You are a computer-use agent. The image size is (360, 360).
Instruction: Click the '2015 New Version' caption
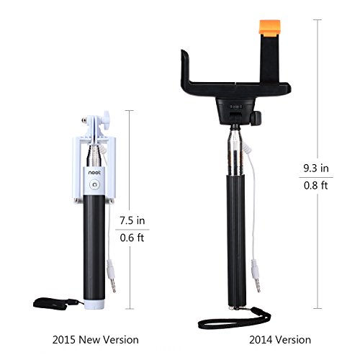[96, 340]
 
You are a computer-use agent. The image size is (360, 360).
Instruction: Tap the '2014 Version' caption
[280, 340]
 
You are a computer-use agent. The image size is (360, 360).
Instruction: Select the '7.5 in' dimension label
[132, 220]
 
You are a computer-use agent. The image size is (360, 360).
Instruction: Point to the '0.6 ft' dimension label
[132, 238]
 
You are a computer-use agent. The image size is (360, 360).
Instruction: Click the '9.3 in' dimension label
[316, 168]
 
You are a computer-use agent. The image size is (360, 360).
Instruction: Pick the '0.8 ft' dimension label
[316, 185]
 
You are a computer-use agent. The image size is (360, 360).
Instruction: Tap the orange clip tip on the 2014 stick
[270, 27]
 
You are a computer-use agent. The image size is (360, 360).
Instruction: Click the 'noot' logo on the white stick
[94, 173]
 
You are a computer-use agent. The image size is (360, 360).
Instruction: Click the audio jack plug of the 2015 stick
[111, 276]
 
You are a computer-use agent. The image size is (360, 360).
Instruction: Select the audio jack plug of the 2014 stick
[256, 276]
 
